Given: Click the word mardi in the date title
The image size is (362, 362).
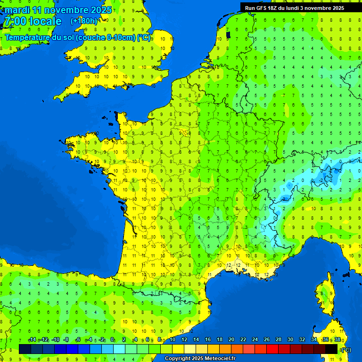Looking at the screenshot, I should tap(17, 10).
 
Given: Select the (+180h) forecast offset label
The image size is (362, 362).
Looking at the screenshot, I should tap(84, 21).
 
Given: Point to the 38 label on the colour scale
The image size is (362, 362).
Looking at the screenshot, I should tap(337, 339).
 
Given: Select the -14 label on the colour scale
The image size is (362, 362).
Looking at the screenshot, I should tap(33, 339).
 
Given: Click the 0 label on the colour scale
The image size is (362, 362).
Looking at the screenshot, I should tap(112, 339).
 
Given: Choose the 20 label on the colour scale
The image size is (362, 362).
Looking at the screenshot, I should tap(231, 339).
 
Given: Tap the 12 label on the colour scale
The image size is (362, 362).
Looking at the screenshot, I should tap(184, 339).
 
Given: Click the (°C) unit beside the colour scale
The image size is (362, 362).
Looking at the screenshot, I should tap(346, 349).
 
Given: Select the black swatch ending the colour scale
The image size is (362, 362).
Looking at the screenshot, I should tap(331, 349).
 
